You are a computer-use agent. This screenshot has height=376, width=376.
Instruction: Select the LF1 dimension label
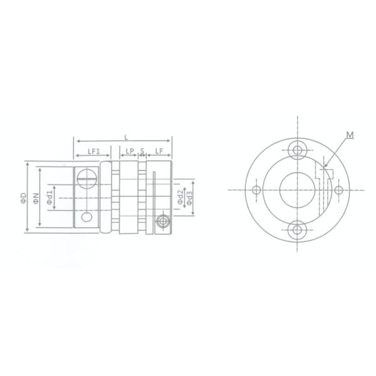point(94,151)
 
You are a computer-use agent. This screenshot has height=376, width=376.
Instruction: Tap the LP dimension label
point(129,151)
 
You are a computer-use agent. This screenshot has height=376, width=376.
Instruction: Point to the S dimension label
point(142,151)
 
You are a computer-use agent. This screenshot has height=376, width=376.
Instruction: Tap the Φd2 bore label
point(180,196)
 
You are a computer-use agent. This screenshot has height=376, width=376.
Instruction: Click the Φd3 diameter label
point(189,196)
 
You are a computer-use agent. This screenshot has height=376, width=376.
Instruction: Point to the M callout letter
point(351,133)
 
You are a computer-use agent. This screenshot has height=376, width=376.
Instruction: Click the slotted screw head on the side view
point(87,178)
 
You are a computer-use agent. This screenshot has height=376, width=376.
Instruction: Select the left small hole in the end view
point(256,190)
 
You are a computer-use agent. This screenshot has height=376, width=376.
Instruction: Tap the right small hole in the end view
point(338,190)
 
